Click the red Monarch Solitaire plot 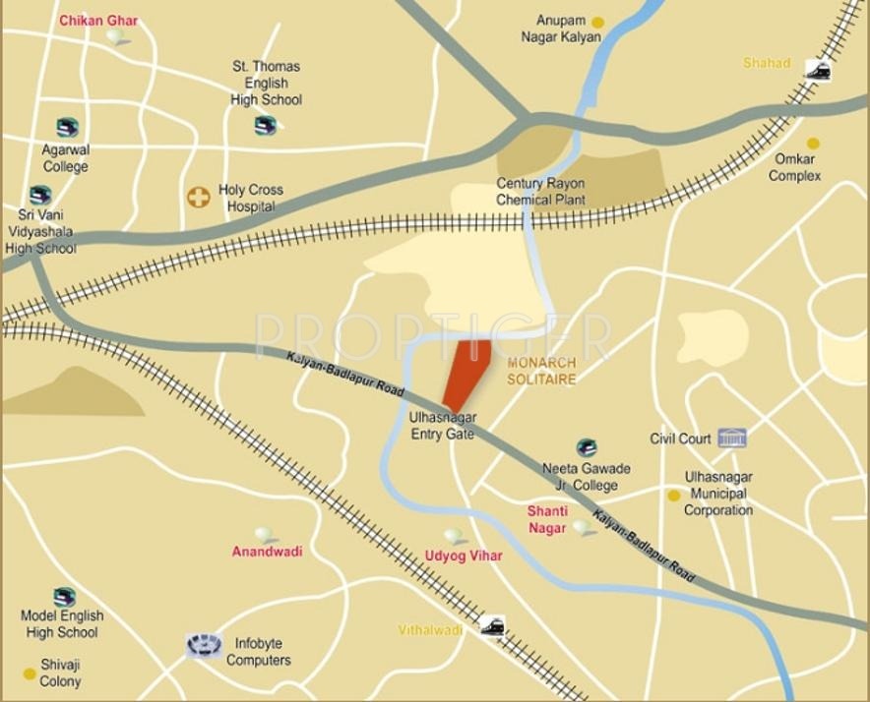click(467, 373)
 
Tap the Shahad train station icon click(817, 70)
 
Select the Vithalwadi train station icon click(492, 626)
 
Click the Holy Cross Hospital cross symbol click(199, 198)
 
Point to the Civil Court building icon click(731, 438)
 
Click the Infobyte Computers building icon click(204, 646)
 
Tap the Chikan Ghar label click(98, 21)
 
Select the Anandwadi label click(267, 552)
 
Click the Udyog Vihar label click(463, 556)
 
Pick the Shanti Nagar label click(547, 519)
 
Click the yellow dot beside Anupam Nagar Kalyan click(597, 22)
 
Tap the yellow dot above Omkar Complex click(813, 144)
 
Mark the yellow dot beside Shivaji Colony click(30, 673)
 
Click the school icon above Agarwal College click(67, 127)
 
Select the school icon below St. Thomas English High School click(266, 125)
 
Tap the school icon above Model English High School click(65, 596)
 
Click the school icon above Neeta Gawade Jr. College click(587, 447)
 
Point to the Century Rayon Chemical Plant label click(540, 192)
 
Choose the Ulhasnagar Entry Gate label click(442, 425)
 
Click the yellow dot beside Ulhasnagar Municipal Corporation click(673, 496)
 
